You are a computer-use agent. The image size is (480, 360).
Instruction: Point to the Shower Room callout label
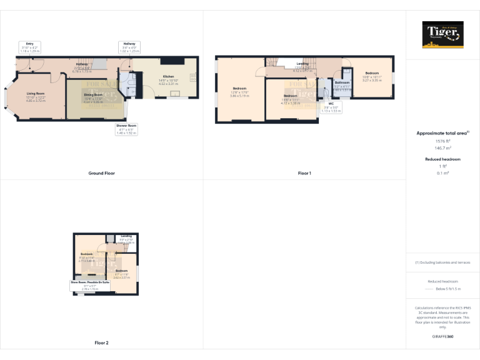click(x=126, y=129)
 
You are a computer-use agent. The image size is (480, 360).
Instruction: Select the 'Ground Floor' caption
click(x=101, y=172)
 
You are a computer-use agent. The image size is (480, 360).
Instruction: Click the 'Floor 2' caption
click(x=101, y=342)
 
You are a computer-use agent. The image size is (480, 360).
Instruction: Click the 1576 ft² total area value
click(x=443, y=141)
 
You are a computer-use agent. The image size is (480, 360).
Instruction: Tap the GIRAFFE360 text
click(x=443, y=337)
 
